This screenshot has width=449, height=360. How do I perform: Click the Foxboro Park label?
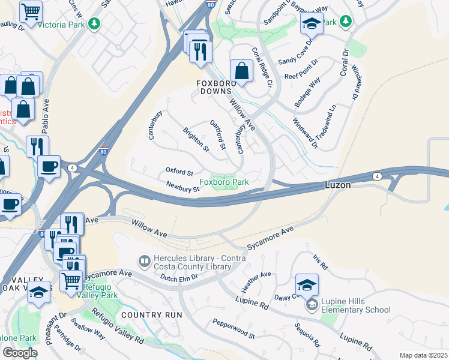224,181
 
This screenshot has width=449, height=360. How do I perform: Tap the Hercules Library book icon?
144,261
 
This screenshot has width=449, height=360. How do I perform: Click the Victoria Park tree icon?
94,24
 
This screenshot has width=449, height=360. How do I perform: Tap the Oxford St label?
179,172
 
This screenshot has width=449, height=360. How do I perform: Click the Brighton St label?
196,139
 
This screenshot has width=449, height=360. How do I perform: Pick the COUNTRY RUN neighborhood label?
151,315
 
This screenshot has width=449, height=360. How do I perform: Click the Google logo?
19,352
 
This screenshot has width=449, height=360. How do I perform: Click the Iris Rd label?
321,262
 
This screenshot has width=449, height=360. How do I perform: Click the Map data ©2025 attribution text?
423,355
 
